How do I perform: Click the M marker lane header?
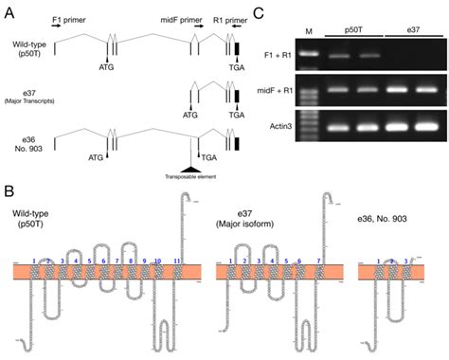click(308, 30)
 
